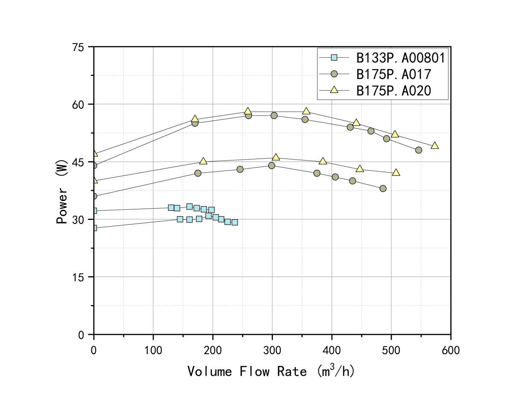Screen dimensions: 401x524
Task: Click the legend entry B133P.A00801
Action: click(x=400, y=58)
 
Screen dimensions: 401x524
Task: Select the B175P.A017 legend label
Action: click(x=393, y=74)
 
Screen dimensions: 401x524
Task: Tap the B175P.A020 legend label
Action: click(x=393, y=91)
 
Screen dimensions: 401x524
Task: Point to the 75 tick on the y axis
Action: click(x=78, y=47)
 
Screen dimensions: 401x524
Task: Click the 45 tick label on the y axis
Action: click(x=78, y=162)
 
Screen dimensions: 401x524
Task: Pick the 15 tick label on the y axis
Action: click(x=78, y=277)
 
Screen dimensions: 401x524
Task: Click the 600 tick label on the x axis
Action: click(x=450, y=350)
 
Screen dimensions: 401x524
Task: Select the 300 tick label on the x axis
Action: click(x=272, y=350)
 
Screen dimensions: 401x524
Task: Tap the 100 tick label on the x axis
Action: click(x=153, y=350)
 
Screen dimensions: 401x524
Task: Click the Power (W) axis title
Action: click(x=62, y=192)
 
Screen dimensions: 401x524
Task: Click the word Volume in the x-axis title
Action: click(x=209, y=371)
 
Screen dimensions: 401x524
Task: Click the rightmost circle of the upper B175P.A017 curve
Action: click(x=418, y=150)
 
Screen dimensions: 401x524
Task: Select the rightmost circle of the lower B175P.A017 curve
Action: click(x=383, y=188)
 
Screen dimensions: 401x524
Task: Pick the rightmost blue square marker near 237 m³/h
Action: click(x=235, y=222)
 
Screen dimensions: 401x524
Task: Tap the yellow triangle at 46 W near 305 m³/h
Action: click(x=276, y=157)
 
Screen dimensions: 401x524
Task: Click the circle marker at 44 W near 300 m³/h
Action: click(x=271, y=165)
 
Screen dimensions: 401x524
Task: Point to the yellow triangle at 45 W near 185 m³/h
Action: click(x=203, y=161)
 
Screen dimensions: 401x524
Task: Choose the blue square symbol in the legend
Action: click(x=334, y=58)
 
